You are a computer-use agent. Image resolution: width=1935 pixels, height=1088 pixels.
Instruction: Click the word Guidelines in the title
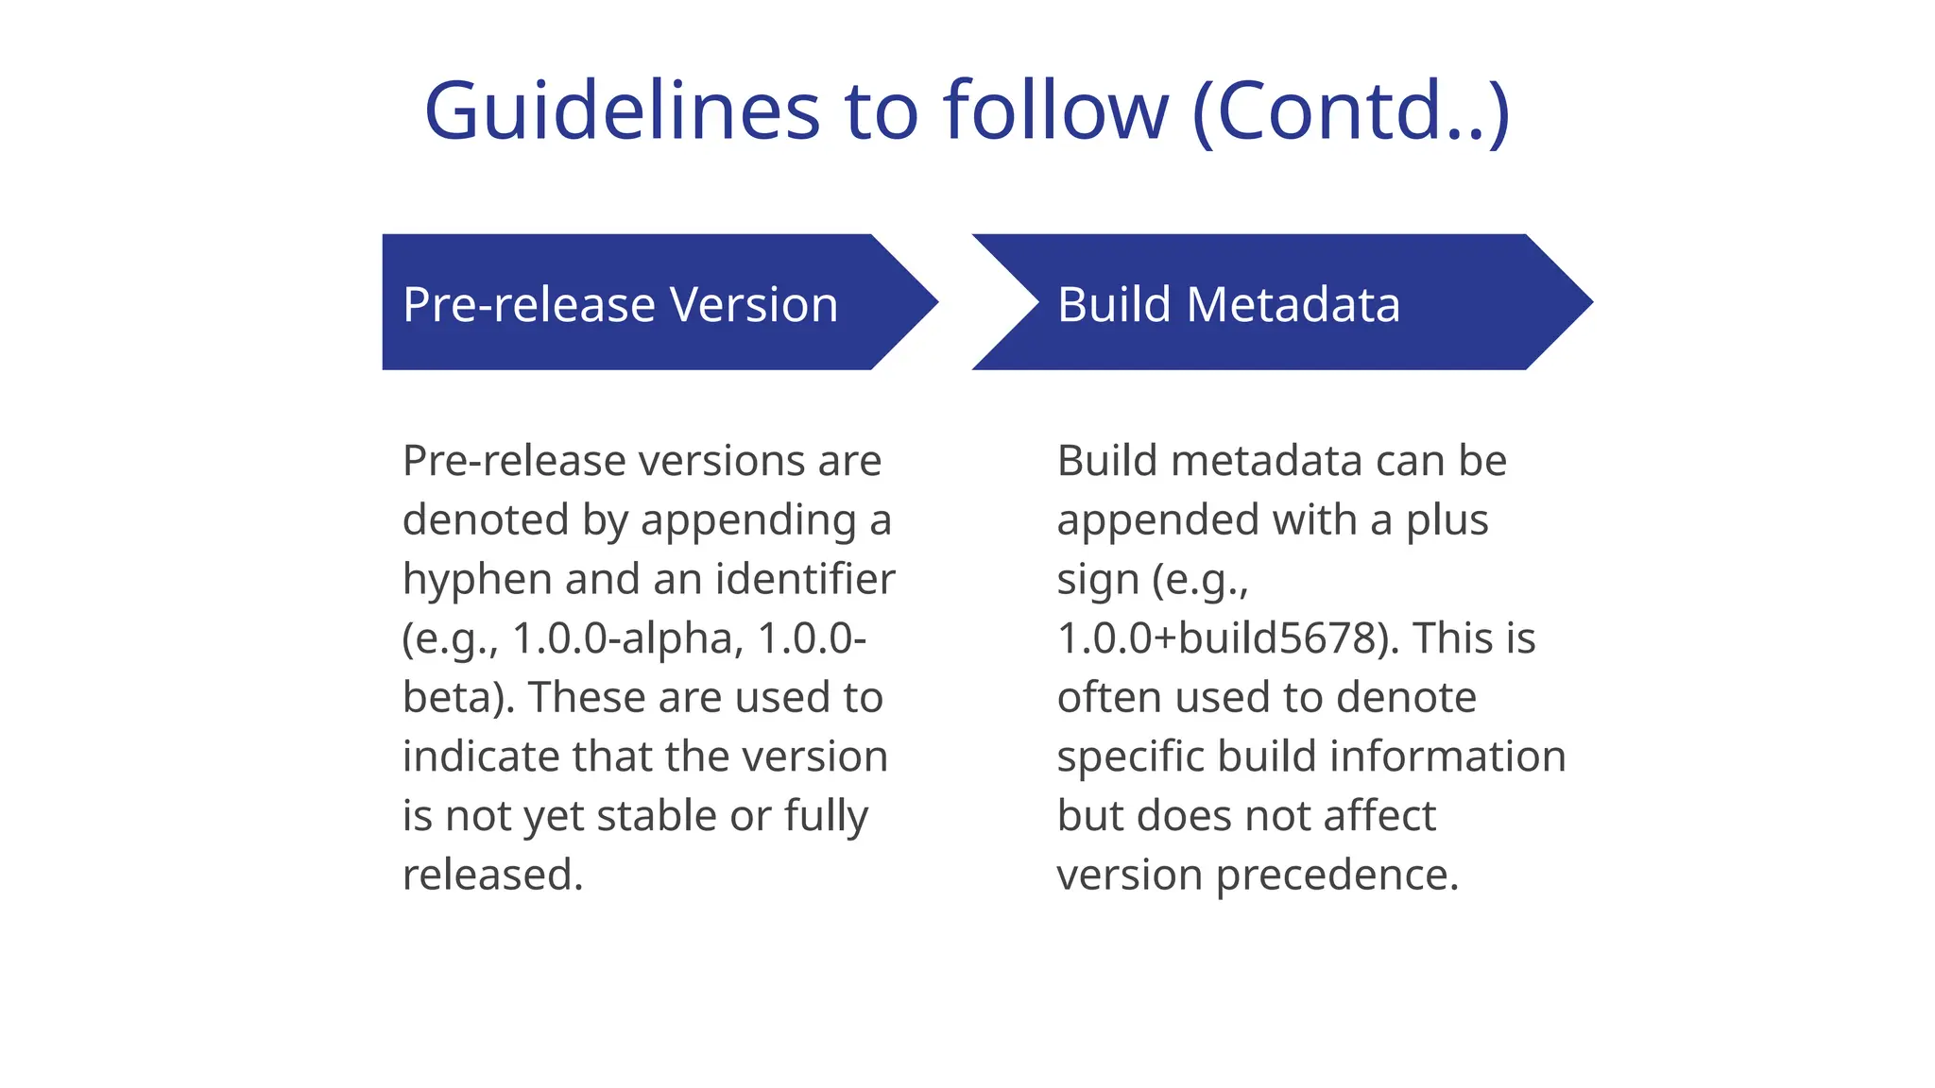(622, 111)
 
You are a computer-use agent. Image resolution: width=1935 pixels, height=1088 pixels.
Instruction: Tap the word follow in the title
(1055, 111)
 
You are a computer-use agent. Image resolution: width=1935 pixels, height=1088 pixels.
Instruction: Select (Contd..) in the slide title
(1351, 111)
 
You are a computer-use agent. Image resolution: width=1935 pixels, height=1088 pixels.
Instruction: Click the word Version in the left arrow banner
(754, 305)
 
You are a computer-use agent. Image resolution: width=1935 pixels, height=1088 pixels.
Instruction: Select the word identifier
(805, 580)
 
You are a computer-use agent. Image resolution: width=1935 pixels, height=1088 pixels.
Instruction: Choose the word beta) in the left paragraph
(458, 698)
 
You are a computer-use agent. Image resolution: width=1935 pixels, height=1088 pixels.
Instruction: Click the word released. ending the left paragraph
(492, 875)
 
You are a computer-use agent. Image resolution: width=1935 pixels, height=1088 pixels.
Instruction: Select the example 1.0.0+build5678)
(1227, 639)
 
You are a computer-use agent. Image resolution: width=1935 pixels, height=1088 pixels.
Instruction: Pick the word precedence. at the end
(1337, 875)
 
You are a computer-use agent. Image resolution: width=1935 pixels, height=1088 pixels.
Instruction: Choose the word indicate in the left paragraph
(480, 757)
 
